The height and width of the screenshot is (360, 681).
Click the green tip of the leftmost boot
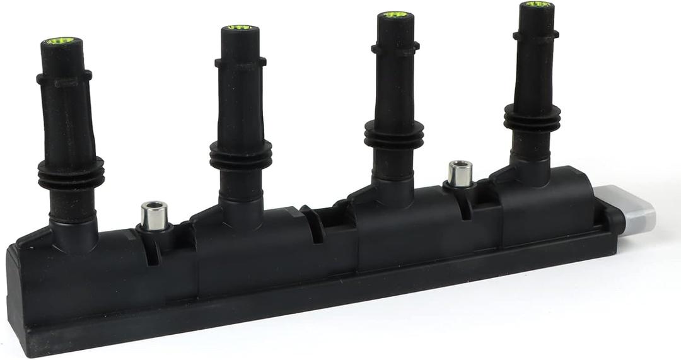[x=62, y=42]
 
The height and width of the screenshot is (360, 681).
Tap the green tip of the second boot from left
[x=239, y=28]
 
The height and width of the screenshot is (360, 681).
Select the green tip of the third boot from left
[x=395, y=15]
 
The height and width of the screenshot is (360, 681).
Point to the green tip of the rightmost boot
[x=537, y=4]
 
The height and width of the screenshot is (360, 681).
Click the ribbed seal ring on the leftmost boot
[x=71, y=173]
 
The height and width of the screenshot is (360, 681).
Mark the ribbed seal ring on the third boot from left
[x=393, y=134]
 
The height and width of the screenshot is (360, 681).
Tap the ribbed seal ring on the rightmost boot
[x=532, y=117]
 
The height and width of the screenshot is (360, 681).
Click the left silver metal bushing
[x=154, y=215]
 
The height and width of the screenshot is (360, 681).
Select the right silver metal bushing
[x=460, y=173]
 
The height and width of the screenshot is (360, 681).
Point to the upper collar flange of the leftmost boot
[x=64, y=78]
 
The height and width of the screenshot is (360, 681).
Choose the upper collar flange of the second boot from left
[x=240, y=62]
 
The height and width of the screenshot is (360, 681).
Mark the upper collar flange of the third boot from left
[x=395, y=47]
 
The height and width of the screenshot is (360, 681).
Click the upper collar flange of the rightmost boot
[x=535, y=35]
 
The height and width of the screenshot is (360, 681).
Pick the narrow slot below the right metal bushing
[x=465, y=207]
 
